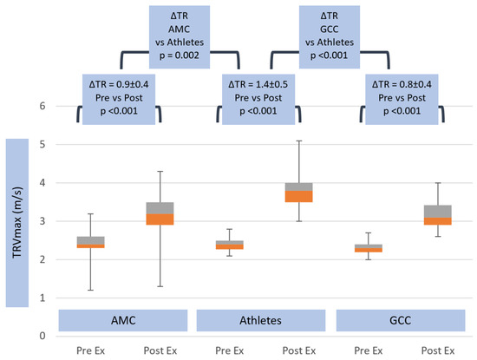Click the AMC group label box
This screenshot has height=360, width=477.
coord(123,319)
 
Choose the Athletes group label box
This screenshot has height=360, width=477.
coord(261,319)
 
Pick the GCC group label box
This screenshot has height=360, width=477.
coord(399,319)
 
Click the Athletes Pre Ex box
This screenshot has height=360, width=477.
coord(229,245)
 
